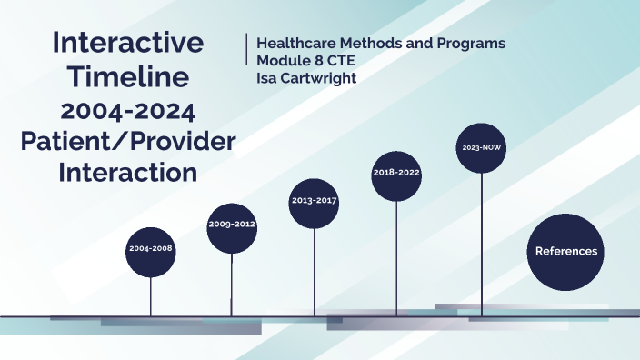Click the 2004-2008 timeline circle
pyautogui.click(x=151, y=247)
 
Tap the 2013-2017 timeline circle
pyautogui.click(x=315, y=200)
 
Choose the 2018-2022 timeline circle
pyautogui.click(x=397, y=172)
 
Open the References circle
pyautogui.click(x=565, y=252)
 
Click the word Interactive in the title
pyautogui.click(x=128, y=42)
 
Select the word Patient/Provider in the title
pyautogui.click(x=128, y=142)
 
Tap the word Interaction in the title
pyautogui.click(x=128, y=172)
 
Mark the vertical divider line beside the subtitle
pyautogui.click(x=246, y=49)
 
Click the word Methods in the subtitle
pyautogui.click(x=375, y=44)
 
